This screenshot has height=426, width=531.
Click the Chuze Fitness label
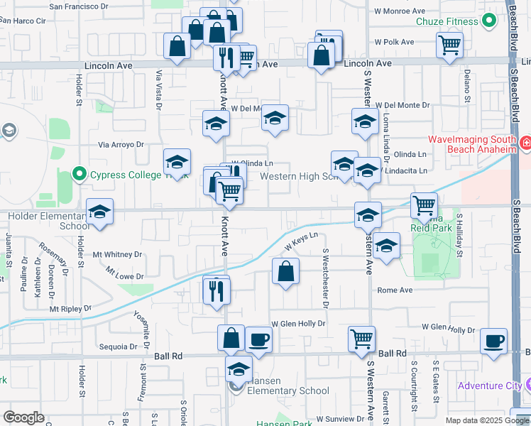click(x=447, y=21)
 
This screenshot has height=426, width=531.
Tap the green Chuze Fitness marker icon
click(x=488, y=21)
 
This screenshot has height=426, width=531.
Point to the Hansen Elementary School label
click(x=288, y=390)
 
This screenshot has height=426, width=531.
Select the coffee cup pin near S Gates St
click(x=493, y=342)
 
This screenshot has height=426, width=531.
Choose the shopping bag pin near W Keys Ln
click(x=285, y=272)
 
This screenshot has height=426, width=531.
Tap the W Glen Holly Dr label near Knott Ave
click(x=297, y=323)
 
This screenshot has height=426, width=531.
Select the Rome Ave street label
click(x=395, y=290)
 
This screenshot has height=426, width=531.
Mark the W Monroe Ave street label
click(x=399, y=11)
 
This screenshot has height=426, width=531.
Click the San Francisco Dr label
click(x=79, y=5)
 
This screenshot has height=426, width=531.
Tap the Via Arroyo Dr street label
click(x=121, y=144)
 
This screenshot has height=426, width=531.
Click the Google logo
click(x=23, y=417)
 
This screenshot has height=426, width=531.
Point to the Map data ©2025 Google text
click(x=488, y=420)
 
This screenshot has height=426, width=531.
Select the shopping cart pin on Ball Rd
click(x=362, y=339)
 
